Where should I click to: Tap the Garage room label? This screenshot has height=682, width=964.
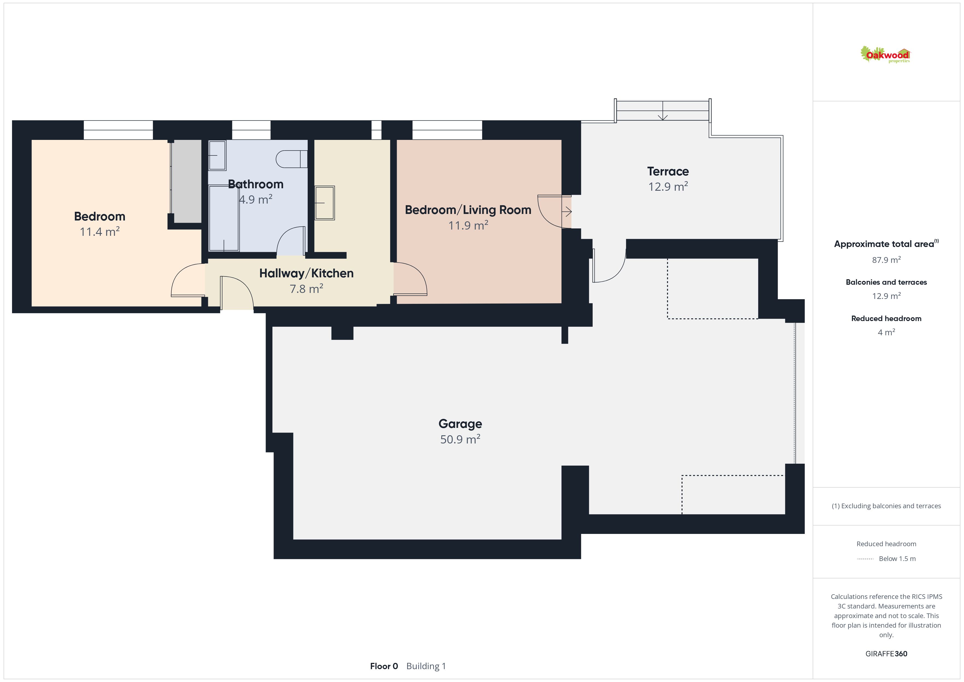point(460,424)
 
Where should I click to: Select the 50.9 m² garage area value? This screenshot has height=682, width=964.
point(460,439)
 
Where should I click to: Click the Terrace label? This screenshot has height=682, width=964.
point(668,171)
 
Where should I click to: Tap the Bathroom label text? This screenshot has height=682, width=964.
point(256,184)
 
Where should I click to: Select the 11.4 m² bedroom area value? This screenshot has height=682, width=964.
point(100,232)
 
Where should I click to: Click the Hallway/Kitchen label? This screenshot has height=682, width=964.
point(307,274)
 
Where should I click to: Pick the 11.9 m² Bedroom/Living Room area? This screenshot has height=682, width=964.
point(468,225)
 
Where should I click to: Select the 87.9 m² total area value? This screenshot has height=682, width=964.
point(886,260)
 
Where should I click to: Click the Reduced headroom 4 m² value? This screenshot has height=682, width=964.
point(886,333)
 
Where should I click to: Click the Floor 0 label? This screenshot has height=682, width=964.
point(384,666)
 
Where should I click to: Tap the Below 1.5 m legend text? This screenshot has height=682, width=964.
point(897,558)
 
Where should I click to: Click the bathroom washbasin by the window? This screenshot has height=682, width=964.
point(218,155)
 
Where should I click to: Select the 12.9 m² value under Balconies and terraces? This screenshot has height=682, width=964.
point(886,296)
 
